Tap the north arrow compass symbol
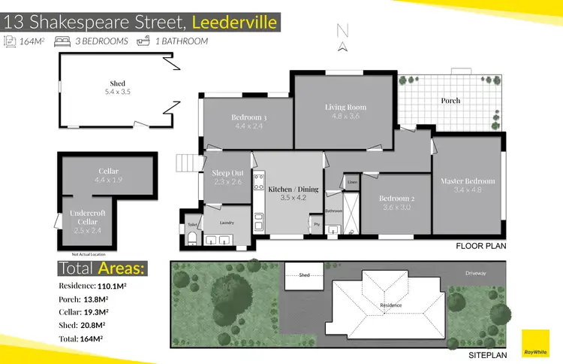pos(343,38)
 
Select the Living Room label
pos(345,108)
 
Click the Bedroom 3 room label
pos(249,117)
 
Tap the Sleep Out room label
pos(226,173)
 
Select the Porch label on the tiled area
pos(450,101)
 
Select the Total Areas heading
pos(102,268)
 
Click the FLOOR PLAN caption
pos(481,246)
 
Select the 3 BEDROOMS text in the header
pos(101,41)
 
